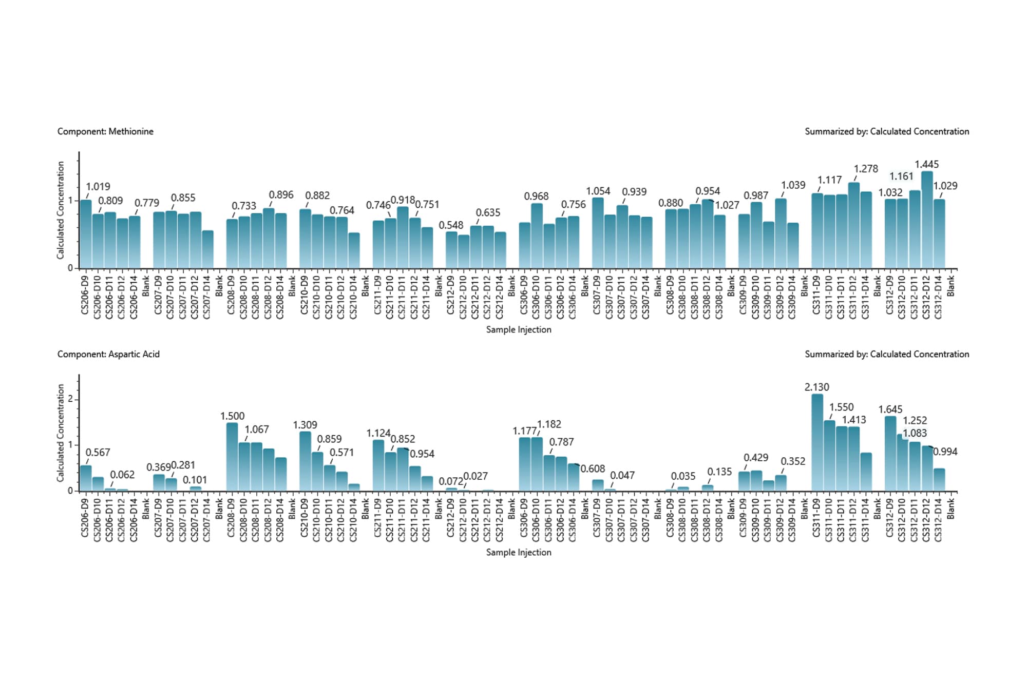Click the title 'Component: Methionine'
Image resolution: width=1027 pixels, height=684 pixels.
coord(105,131)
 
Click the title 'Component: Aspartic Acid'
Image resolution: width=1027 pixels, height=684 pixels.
coord(108,354)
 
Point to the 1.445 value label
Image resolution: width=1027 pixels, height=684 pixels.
coord(926,164)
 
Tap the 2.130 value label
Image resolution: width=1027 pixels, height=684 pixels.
coord(816,387)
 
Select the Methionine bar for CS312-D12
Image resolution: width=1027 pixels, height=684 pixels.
coord(927,221)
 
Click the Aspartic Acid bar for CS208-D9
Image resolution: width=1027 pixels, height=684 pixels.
coord(232,457)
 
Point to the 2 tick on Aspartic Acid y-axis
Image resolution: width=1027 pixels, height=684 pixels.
coord(70,399)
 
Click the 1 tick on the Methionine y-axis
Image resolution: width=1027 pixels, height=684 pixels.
coord(70,200)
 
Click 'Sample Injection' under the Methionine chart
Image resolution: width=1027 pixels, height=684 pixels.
coord(519,329)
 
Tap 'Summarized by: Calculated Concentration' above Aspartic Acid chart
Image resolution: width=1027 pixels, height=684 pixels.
coord(887,354)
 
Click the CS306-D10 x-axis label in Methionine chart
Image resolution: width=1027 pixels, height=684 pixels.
coord(536,298)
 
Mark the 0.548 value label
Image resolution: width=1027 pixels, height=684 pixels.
coord(451,225)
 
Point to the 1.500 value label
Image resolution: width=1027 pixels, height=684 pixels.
coord(232,416)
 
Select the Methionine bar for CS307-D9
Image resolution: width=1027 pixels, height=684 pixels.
coord(598,233)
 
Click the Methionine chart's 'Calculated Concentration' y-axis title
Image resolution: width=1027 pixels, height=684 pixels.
coord(61,210)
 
